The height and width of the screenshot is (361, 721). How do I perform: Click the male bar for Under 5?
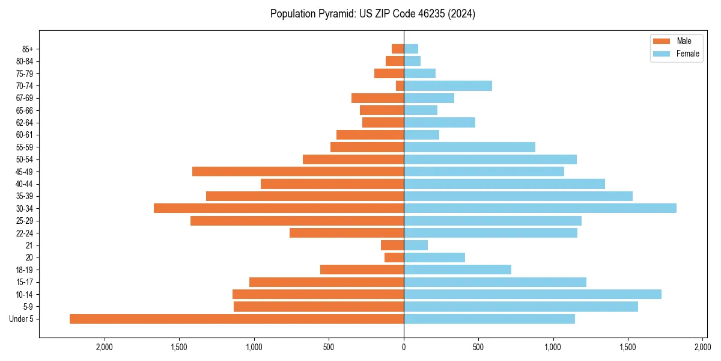[237, 319]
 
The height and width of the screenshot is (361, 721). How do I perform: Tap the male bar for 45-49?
[298, 171]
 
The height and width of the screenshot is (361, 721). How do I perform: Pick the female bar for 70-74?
[448, 85]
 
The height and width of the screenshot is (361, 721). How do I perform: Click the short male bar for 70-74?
[400, 85]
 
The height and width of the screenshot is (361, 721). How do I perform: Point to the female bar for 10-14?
[532, 294]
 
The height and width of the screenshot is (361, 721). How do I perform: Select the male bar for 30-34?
[279, 208]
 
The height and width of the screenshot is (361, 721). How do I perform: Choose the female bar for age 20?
[434, 258]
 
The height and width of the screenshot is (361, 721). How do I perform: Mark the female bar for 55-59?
[469, 147]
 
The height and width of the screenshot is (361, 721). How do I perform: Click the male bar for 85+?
[398, 49]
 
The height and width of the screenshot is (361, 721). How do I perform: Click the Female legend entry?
[676, 54]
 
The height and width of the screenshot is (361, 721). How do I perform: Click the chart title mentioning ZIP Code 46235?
[373, 14]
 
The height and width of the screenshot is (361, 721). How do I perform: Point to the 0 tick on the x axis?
[404, 347]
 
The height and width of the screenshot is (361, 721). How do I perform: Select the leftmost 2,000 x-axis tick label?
[105, 347]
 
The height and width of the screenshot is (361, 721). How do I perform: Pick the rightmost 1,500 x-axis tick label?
[628, 347]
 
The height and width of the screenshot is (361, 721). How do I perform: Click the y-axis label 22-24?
[24, 233]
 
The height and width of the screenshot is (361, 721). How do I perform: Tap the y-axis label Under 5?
[22, 319]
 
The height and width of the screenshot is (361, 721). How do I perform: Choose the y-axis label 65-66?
[24, 110]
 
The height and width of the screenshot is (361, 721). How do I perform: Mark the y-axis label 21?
[29, 245]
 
